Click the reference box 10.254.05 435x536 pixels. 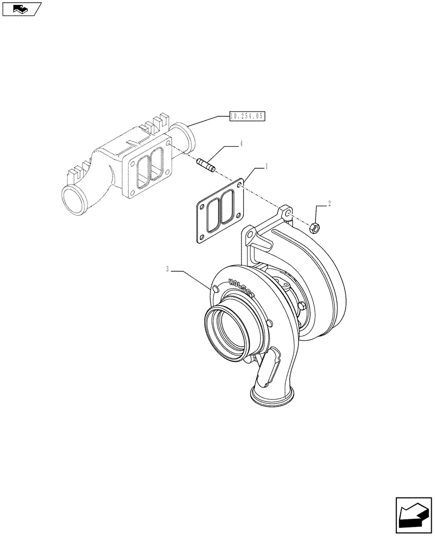[x=247, y=115]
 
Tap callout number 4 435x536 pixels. [x=242, y=144]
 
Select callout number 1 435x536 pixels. [x=266, y=167]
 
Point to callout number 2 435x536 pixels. [x=329, y=204]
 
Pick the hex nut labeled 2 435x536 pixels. [x=316, y=228]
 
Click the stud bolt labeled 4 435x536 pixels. [x=206, y=164]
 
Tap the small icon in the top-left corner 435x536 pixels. [x=21, y=9]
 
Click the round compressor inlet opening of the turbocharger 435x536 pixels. [x=228, y=334]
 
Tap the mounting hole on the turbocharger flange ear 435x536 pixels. [x=288, y=213]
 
